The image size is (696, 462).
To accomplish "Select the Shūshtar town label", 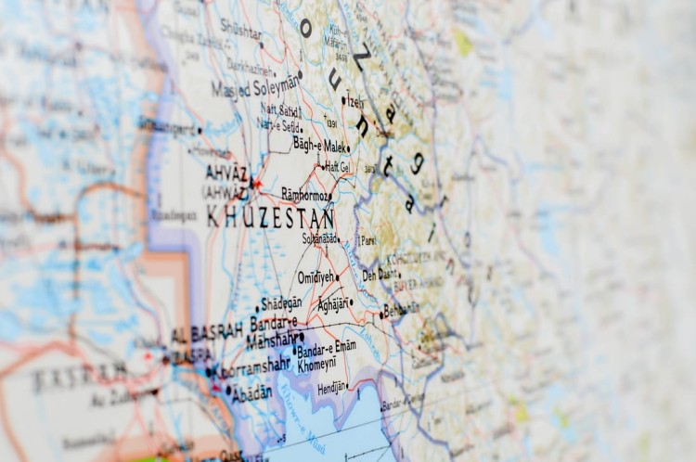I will [x=239, y=31].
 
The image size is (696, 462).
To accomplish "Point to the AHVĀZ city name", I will [x=226, y=173].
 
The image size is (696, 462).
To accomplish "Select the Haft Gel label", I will [x=336, y=168].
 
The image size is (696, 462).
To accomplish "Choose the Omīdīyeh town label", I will [x=316, y=277].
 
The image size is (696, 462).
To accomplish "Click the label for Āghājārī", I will [x=330, y=303].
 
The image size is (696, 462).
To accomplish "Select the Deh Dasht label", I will [x=379, y=275].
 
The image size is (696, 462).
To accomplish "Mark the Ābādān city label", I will [x=251, y=392].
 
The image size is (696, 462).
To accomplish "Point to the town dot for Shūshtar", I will [x=262, y=45].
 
